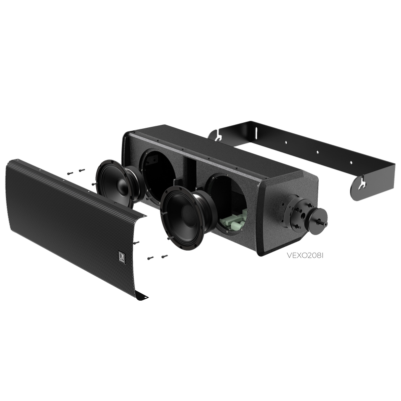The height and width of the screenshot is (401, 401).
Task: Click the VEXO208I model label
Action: pyautogui.click(x=305, y=256)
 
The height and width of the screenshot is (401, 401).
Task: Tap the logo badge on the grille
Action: pyautogui.click(x=121, y=257)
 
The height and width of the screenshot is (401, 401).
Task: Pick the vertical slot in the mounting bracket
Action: pyautogui.click(x=256, y=134)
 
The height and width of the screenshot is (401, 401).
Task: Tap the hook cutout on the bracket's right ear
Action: pyautogui.click(x=361, y=184)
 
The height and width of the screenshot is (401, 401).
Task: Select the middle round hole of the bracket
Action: pyautogui.click(x=318, y=152)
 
